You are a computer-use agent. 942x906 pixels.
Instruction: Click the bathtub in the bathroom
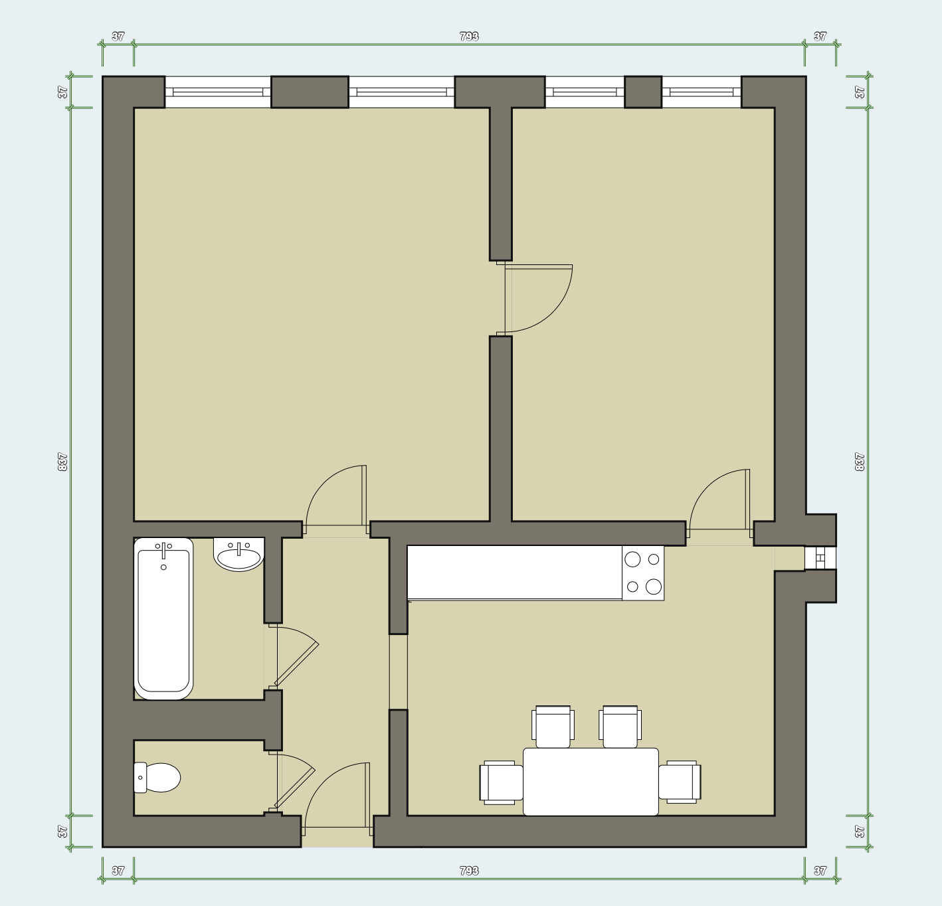[x=163, y=618]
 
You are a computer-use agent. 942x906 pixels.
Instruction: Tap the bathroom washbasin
[x=238, y=555]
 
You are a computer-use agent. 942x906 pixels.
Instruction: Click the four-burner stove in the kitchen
[x=643, y=573]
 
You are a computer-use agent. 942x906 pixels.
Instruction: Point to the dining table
[x=591, y=782]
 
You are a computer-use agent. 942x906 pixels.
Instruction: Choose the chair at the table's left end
[x=502, y=782]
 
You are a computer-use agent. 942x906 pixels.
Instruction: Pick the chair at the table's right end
[x=680, y=782]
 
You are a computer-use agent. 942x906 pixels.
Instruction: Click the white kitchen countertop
[x=515, y=573]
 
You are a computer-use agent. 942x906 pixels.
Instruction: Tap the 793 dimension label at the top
[x=469, y=37]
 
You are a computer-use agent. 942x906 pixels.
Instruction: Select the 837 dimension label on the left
[x=62, y=462]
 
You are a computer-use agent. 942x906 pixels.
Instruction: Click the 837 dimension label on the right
[x=859, y=462]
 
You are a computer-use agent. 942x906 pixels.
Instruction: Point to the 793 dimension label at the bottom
[x=469, y=871]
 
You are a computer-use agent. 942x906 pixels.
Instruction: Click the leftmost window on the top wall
[x=218, y=92]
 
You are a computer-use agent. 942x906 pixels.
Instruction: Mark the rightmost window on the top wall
[x=702, y=92]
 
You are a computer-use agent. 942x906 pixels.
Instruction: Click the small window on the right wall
[x=820, y=557]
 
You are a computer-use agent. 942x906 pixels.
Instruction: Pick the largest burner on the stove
[x=654, y=587]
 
